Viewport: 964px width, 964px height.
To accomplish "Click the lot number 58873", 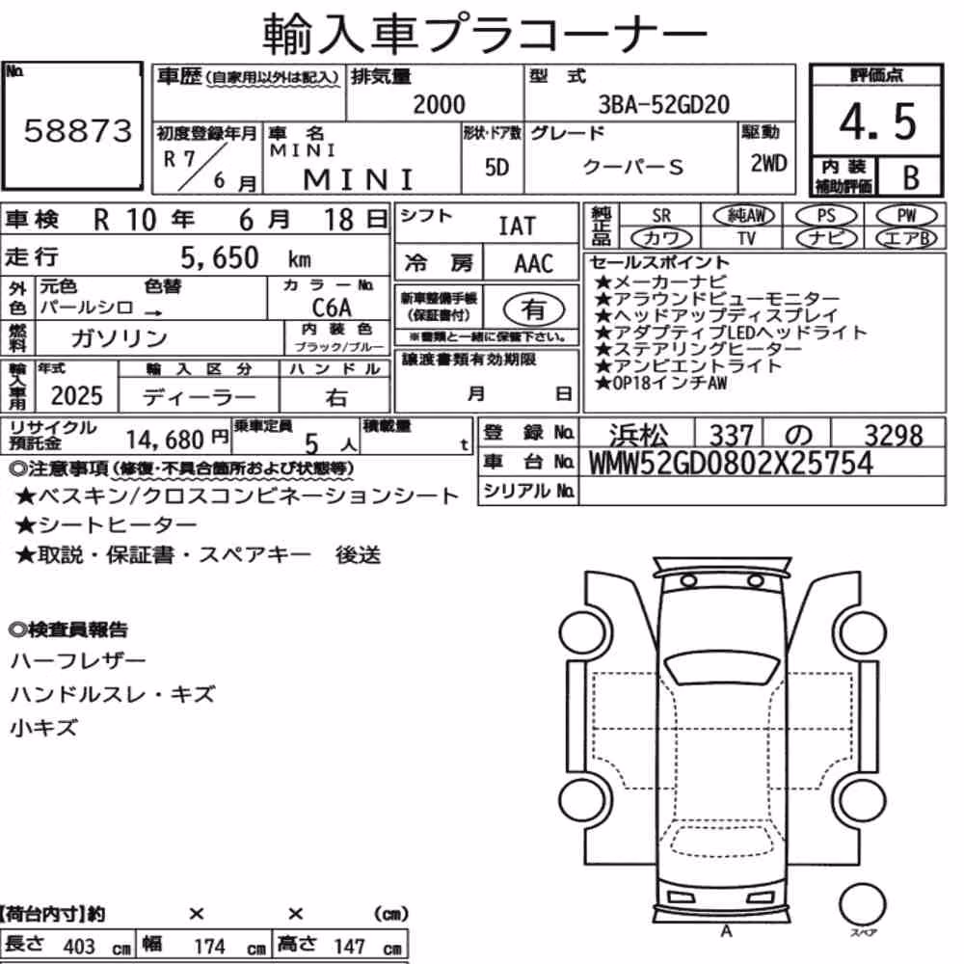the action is (78, 131).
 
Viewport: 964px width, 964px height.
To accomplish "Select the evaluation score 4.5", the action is (877, 121).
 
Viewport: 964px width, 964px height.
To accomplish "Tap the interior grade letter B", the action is (911, 177).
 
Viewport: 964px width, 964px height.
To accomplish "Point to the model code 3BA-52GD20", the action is (664, 104).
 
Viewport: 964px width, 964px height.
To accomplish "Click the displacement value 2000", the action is (439, 104).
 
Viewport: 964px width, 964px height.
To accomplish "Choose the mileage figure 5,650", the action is (220, 257).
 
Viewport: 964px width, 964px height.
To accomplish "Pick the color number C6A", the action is (332, 307).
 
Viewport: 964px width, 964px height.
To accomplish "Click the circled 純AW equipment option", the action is (744, 215).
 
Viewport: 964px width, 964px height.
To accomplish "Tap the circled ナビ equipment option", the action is (826, 238).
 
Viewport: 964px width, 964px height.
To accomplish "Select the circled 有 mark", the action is (534, 309).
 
